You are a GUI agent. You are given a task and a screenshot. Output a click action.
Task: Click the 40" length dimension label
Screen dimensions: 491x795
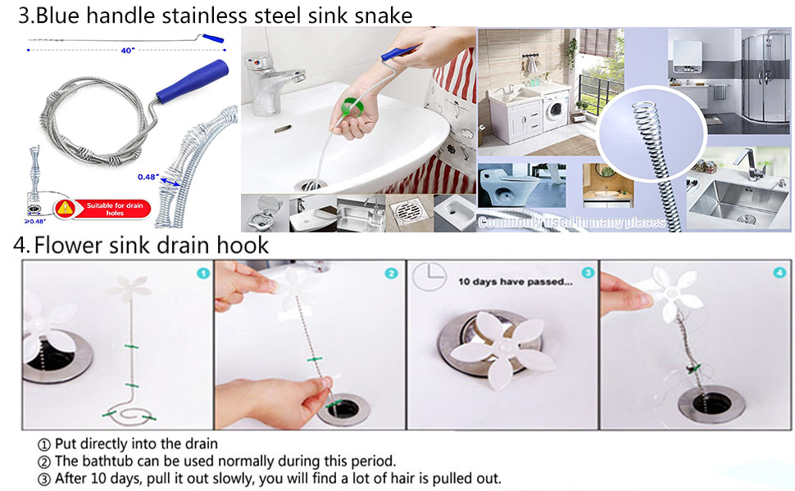click(126, 52)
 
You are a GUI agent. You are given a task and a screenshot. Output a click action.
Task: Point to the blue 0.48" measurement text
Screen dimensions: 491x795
click(148, 176)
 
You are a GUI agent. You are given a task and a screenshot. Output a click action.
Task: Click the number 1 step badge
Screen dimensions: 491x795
click(202, 273)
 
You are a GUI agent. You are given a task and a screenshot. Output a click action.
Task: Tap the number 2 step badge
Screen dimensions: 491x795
click(391, 273)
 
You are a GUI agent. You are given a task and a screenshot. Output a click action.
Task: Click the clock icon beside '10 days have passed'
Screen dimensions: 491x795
click(431, 281)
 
